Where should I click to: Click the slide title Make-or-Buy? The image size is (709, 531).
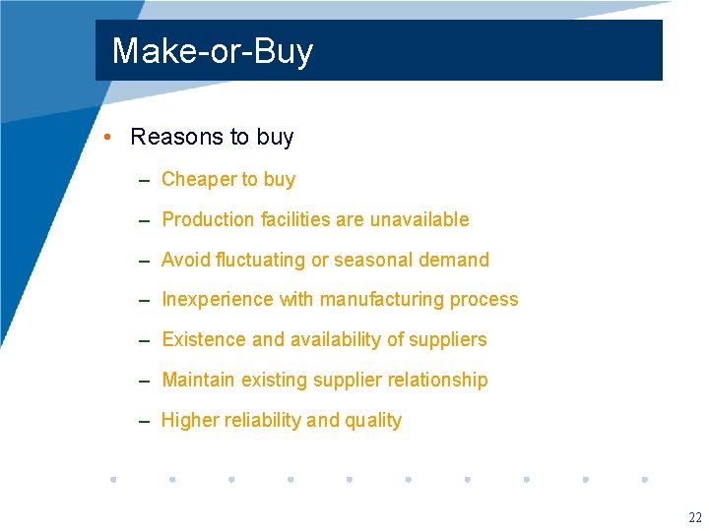click(212, 51)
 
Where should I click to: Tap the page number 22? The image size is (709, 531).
click(695, 518)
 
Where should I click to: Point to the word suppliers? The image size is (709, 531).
click(449, 339)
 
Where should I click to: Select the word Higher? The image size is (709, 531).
click(190, 420)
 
